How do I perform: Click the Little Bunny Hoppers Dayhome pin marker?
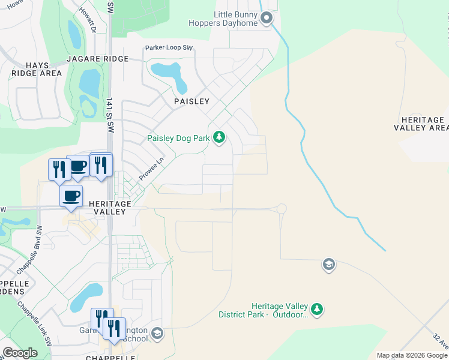(267, 18)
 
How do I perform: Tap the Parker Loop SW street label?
(169, 47)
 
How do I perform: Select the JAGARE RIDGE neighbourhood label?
(98, 59)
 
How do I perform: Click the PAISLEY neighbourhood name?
(191, 101)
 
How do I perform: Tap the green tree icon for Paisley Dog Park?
(219, 138)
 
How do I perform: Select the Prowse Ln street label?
(151, 169)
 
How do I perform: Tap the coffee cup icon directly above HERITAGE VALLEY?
(71, 196)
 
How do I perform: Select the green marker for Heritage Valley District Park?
(317, 310)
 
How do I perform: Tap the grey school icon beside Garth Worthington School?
(157, 333)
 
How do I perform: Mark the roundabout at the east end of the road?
(281, 209)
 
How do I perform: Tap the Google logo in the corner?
(20, 353)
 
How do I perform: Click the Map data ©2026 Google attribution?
(411, 355)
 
